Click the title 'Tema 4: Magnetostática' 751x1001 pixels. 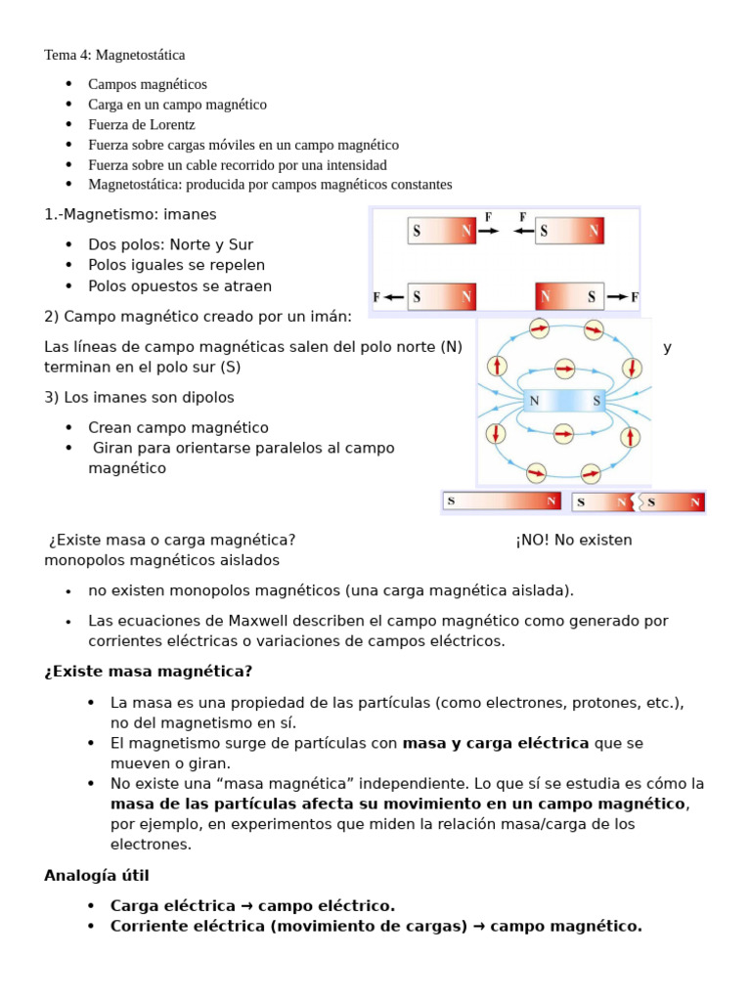click(x=114, y=55)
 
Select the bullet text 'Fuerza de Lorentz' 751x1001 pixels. click(x=141, y=124)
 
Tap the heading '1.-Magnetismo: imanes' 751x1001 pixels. click(x=130, y=213)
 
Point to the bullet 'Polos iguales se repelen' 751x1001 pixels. click(x=176, y=265)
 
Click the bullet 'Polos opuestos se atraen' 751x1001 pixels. click(x=180, y=286)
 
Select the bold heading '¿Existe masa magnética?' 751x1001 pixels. click(x=148, y=671)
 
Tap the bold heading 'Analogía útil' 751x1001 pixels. click(x=96, y=875)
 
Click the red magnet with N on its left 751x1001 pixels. click(x=570, y=296)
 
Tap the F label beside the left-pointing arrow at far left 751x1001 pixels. click(x=376, y=296)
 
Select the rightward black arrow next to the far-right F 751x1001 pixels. click(x=618, y=296)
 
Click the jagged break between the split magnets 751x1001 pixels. click(x=639, y=502)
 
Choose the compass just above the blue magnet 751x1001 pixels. click(x=564, y=369)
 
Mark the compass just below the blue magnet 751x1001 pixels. click(x=564, y=432)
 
